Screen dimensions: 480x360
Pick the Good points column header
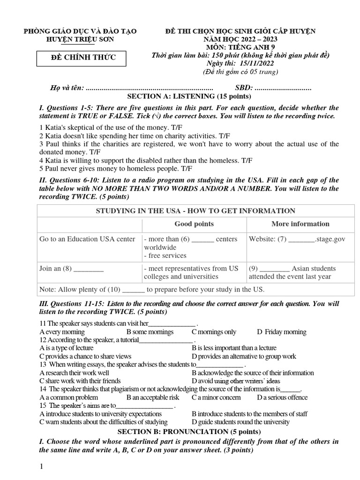point(194,224)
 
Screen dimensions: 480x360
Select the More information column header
point(300,224)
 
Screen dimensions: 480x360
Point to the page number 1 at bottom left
point(42,466)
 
